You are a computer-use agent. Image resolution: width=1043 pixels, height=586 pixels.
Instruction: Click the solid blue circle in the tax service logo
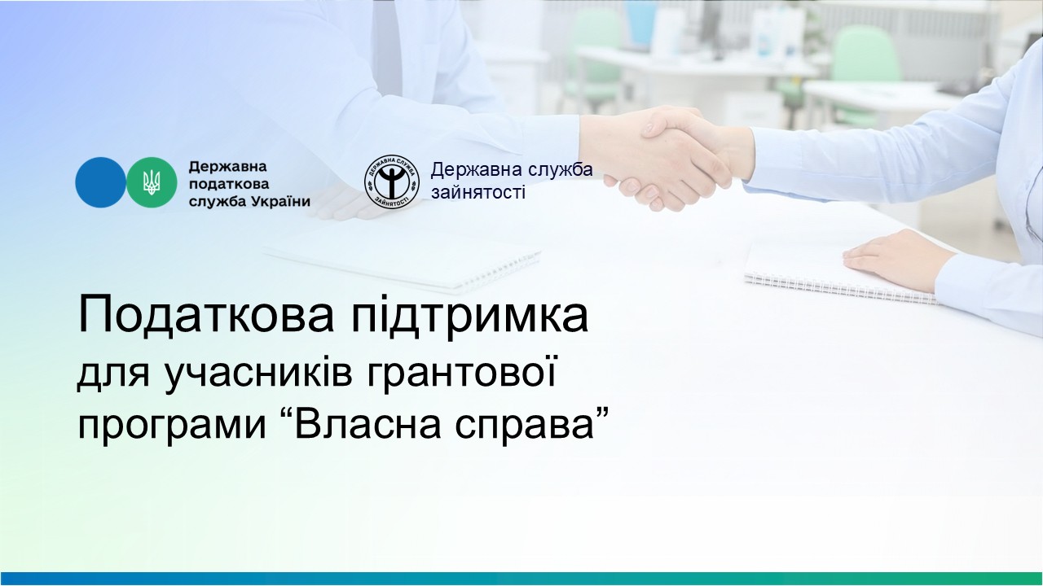coord(100,182)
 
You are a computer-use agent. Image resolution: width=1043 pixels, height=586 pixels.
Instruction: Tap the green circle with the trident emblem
coord(152,182)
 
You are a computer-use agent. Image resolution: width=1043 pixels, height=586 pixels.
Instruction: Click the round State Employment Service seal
coord(392,181)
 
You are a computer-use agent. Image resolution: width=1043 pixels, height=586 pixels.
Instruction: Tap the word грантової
coord(462,373)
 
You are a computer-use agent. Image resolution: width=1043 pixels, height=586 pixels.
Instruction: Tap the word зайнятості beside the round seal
coord(478,192)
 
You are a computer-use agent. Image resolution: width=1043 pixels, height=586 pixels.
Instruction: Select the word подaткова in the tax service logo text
coord(229,185)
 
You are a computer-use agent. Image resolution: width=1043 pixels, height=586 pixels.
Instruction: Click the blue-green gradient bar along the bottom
coord(521,579)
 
